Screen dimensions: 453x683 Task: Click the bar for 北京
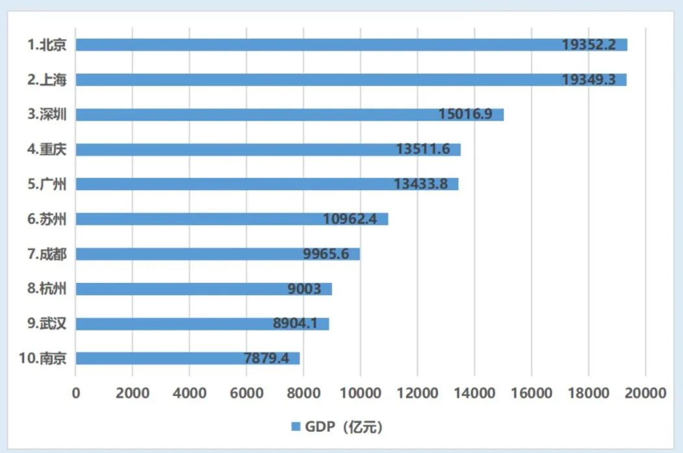pyautogui.click(x=351, y=45)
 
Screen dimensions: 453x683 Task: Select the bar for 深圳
pyautogui.click(x=289, y=115)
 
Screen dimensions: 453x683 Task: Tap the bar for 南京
pyautogui.click(x=187, y=358)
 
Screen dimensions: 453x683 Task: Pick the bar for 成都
pyautogui.click(x=217, y=254)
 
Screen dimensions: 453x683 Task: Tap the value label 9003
pyautogui.click(x=304, y=289)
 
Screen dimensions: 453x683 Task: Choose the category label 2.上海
pyautogui.click(x=47, y=80)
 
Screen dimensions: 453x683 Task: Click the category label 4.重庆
pyautogui.click(x=47, y=149)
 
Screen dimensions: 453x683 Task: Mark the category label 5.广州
pyautogui.click(x=47, y=184)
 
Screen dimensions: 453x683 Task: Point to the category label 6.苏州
pyautogui.click(x=47, y=219)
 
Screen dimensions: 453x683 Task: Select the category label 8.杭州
pyautogui.click(x=47, y=289)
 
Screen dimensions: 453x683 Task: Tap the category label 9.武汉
pyautogui.click(x=47, y=323)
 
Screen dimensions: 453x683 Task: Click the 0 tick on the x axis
pyautogui.click(x=76, y=393)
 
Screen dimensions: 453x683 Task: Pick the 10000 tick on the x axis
pyautogui.click(x=360, y=393)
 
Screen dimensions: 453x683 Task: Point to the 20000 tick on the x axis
pyautogui.click(x=645, y=393)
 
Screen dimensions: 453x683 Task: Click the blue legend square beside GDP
pyautogui.click(x=294, y=426)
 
